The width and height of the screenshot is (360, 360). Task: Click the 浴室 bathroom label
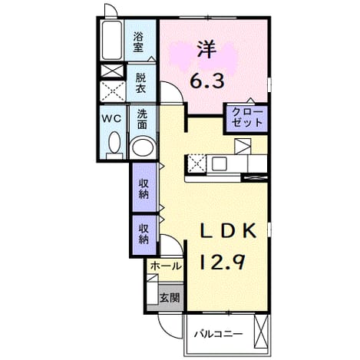138,42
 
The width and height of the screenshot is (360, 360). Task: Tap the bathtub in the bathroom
112,41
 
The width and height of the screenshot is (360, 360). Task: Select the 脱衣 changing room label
140,83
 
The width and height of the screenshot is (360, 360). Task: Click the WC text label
111,118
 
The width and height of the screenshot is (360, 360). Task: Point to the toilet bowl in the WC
114,143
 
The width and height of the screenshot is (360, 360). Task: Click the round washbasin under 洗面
143,148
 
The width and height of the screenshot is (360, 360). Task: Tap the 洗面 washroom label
142,119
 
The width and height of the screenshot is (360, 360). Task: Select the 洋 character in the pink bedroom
206,50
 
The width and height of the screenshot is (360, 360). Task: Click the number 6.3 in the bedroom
207,81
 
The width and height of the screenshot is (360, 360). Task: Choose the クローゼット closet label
247,117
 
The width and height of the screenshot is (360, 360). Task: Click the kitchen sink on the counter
220,163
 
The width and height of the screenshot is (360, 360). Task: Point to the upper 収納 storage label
144,189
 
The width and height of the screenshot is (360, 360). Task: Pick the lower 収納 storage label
144,233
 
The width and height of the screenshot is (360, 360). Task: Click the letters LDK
227,230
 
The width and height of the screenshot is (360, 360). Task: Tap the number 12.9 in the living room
222,263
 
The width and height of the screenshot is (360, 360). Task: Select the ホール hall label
166,266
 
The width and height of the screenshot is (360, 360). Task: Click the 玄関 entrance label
170,298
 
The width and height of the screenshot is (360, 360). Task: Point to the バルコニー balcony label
218,334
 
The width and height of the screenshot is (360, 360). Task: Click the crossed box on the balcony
261,332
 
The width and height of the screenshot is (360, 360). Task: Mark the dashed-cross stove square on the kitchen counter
197,163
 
